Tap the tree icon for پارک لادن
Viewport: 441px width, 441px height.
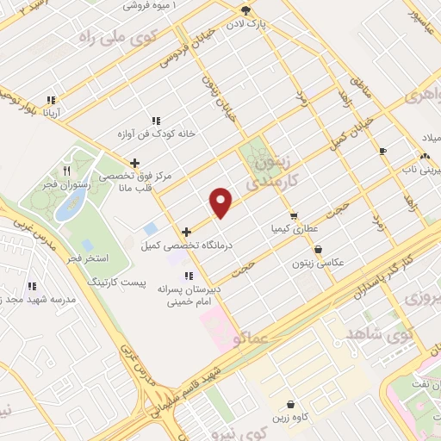[247, 11]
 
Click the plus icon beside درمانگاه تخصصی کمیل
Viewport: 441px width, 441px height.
[186, 232]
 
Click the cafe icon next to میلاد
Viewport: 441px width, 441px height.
[382, 151]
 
